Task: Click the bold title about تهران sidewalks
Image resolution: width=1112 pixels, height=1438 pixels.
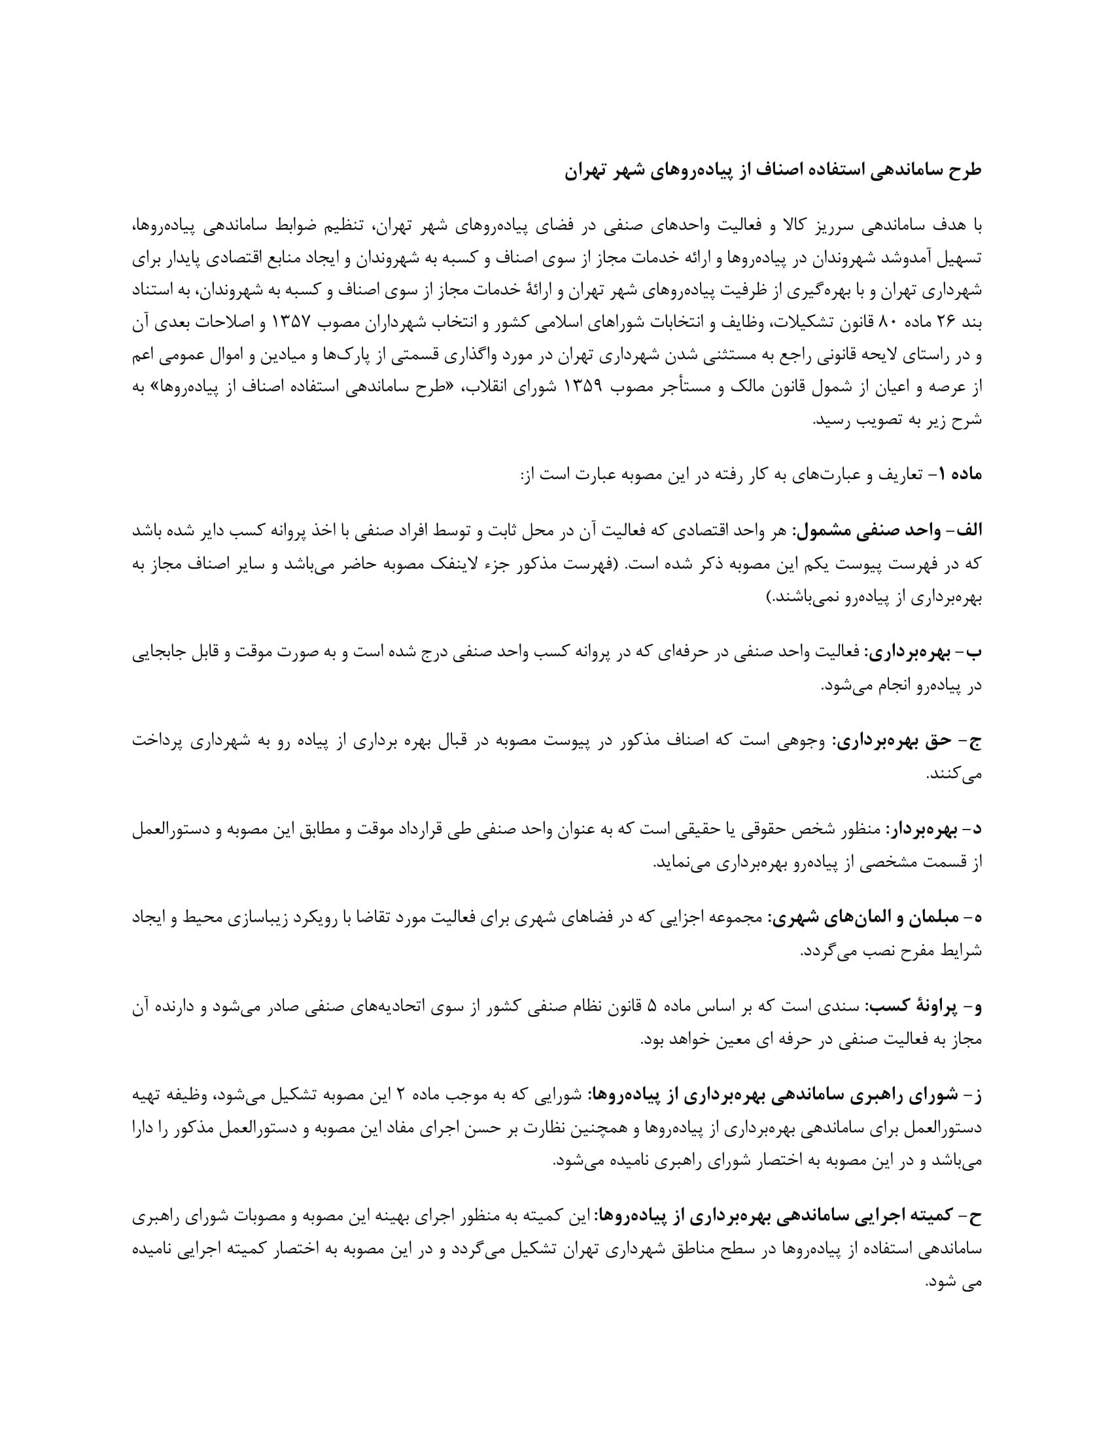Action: click(x=773, y=170)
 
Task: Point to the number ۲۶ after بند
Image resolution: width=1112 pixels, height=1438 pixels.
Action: click(x=944, y=323)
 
